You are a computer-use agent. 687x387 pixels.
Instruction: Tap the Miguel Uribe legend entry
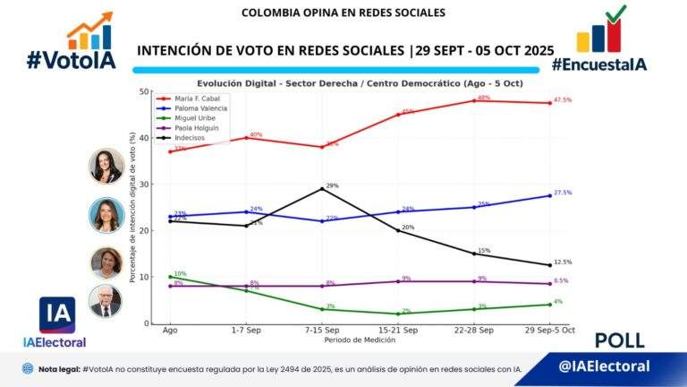tap(195, 118)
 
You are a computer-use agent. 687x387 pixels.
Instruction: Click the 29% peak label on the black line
tap(332, 185)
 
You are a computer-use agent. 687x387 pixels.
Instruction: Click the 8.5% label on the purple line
tap(562, 281)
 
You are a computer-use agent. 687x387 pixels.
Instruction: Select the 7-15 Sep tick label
tap(322, 331)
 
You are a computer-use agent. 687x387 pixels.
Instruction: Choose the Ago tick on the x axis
tap(168, 331)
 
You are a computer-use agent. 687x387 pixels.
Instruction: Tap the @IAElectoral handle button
tap(604, 366)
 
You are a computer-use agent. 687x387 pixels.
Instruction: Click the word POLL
tap(619, 340)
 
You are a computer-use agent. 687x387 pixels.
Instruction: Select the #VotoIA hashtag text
tap(71, 61)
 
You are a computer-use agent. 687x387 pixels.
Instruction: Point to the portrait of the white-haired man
tap(106, 301)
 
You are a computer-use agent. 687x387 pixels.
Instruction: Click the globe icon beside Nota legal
tap(28, 368)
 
